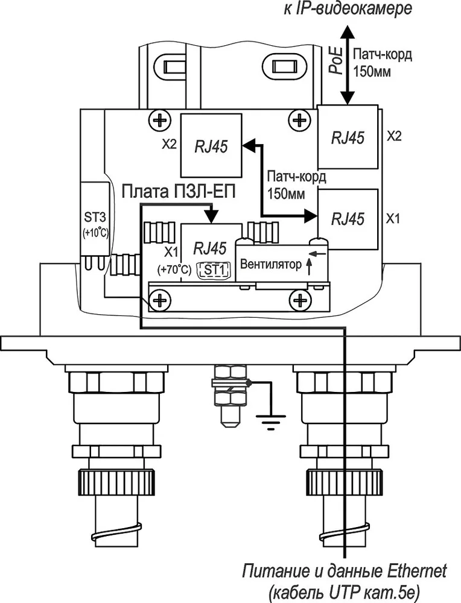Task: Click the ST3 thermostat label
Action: coord(95,218)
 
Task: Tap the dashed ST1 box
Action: coord(214,270)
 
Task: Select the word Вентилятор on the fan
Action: coord(270,265)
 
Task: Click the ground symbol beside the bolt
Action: coord(271,421)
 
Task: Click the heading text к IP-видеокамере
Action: coord(348,8)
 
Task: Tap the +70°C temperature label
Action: coord(174,270)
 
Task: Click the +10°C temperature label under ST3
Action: coord(95,233)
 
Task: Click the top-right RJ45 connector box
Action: coord(347,136)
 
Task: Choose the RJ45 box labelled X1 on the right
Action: coord(347,219)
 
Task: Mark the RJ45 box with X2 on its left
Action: coord(211,146)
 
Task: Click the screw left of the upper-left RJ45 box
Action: coord(159,121)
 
